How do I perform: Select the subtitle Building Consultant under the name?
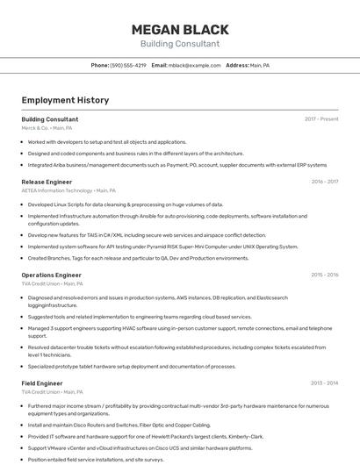tap(179, 43)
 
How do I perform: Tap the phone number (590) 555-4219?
tap(128, 65)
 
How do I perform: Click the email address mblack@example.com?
tap(195, 65)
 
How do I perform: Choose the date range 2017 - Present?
tap(321, 118)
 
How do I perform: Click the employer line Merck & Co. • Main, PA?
tap(47, 127)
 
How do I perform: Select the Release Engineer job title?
tap(47, 182)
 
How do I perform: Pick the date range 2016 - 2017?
tap(324, 182)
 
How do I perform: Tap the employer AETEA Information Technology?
tap(57, 190)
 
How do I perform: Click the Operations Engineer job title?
tap(51, 275)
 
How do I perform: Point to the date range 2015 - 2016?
tap(324, 275)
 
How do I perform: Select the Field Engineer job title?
tap(42, 383)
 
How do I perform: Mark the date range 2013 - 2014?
tap(324, 383)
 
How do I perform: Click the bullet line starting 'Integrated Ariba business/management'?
tap(176, 164)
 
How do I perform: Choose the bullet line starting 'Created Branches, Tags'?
tap(138, 258)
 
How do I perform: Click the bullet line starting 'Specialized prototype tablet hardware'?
tap(132, 366)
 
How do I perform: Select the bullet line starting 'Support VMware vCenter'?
tap(140, 447)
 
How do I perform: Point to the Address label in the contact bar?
tap(236, 65)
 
